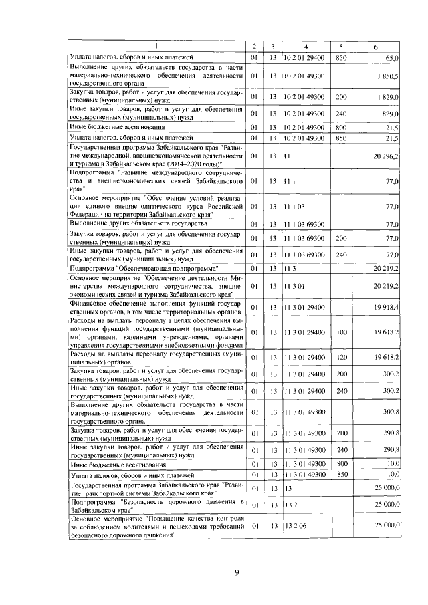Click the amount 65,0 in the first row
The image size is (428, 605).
392,59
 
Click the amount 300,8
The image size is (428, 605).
391,412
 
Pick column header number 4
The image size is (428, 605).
305,46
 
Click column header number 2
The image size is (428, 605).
254,46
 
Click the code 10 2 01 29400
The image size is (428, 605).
304,59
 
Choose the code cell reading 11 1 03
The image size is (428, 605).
294,206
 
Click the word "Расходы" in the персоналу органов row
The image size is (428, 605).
85,353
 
